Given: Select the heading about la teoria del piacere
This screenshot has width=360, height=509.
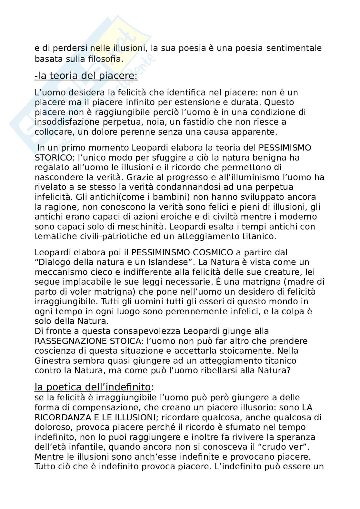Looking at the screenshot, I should click(86, 76).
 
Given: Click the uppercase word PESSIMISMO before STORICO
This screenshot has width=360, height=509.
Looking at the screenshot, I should click(285, 148).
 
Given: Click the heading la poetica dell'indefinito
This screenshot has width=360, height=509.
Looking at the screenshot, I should click(93, 387).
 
